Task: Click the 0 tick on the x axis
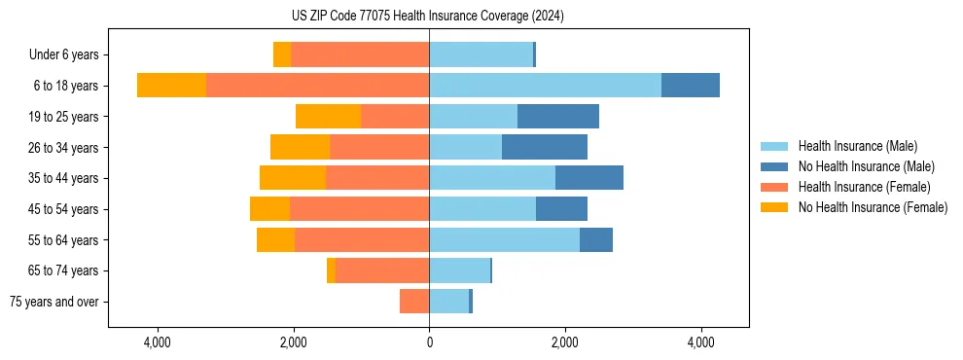pyautogui.click(x=429, y=342)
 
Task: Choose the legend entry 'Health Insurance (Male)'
pyautogui.click(x=857, y=146)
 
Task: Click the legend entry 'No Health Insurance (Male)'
pyautogui.click(x=866, y=166)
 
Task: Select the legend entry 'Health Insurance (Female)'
pyautogui.click(x=864, y=187)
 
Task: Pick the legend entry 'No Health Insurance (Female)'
pyautogui.click(x=873, y=207)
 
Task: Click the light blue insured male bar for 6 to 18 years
pyautogui.click(x=545, y=86)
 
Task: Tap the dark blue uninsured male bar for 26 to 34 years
pyautogui.click(x=545, y=147)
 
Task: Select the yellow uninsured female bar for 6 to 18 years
pyautogui.click(x=171, y=86)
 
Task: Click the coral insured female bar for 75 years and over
pyautogui.click(x=414, y=302)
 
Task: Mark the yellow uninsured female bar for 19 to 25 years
pyautogui.click(x=328, y=117)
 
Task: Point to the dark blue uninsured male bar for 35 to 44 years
pyautogui.click(x=589, y=178)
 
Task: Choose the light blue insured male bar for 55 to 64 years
pyautogui.click(x=504, y=239)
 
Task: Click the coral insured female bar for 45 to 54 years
pyautogui.click(x=359, y=209)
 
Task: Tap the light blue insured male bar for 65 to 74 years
pyautogui.click(x=459, y=270)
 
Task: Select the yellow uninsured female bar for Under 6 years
pyautogui.click(x=282, y=54)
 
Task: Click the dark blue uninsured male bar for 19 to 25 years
pyautogui.click(x=558, y=117)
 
